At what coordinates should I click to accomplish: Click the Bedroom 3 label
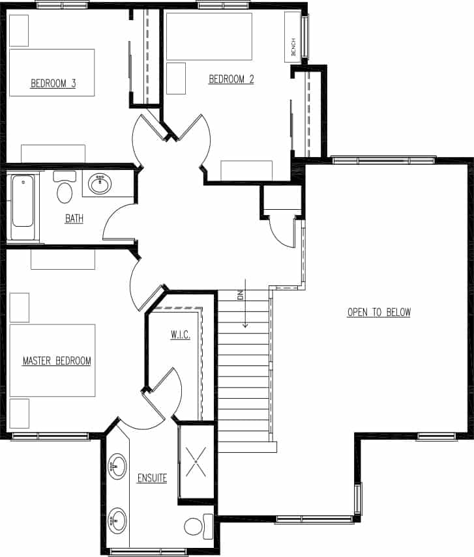53,83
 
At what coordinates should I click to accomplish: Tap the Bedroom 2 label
231,79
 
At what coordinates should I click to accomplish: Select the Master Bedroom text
57,360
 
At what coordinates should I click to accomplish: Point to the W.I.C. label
180,335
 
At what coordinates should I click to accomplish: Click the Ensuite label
152,478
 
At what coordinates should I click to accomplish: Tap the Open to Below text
379,312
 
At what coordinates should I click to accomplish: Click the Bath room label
74,218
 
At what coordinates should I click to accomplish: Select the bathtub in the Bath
22,203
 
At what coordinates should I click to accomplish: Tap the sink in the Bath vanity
100,183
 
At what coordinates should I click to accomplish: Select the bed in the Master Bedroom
52,360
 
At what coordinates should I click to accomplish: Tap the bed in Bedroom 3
52,72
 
